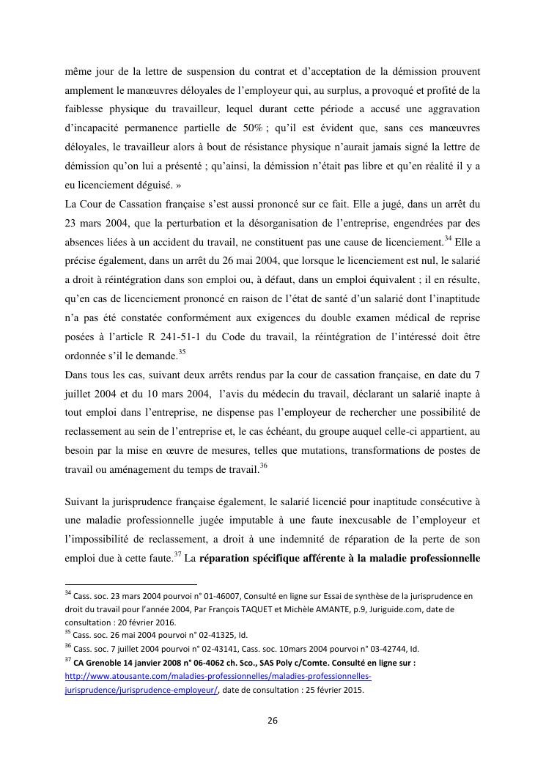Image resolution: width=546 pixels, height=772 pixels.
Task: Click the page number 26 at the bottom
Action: (272, 720)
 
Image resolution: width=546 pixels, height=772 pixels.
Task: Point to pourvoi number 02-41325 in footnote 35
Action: (211, 635)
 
